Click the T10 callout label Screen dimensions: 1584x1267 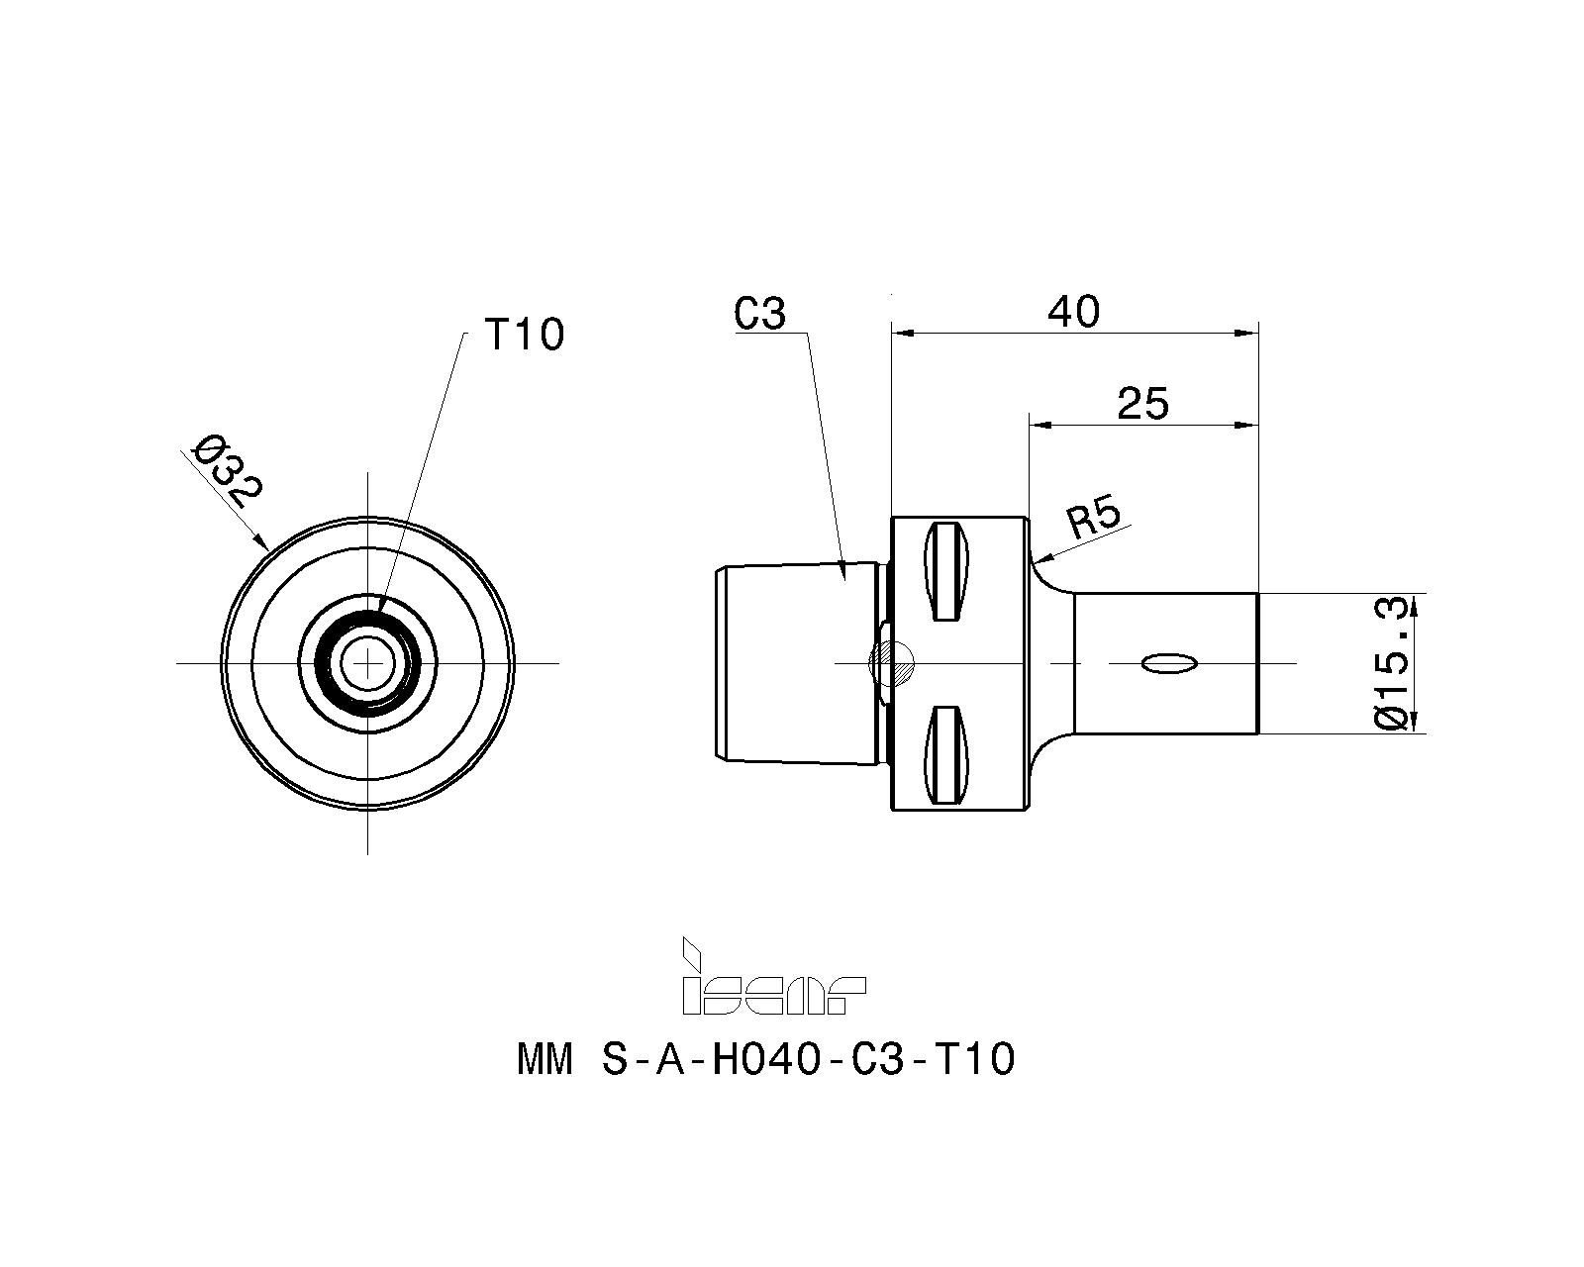coord(524,335)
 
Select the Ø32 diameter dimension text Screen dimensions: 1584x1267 coord(226,471)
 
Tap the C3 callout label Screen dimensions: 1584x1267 coord(759,314)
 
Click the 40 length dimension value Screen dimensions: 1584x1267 coord(1074,312)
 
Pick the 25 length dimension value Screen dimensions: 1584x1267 coord(1142,404)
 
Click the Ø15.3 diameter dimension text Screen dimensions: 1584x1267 coord(1391,663)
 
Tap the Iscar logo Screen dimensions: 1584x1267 coord(773,977)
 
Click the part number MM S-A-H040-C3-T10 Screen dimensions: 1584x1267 coord(765,1059)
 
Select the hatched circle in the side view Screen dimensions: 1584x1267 coord(892,663)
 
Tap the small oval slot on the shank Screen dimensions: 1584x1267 coord(1169,663)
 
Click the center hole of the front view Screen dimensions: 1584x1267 coord(367,663)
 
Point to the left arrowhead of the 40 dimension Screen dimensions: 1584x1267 coord(903,334)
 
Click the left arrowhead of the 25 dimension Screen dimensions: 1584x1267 coord(1040,425)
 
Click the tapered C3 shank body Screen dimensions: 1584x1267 coord(797,663)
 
